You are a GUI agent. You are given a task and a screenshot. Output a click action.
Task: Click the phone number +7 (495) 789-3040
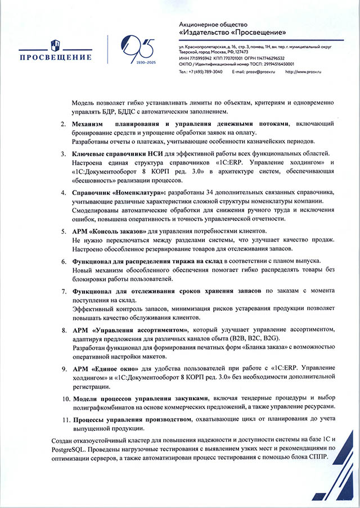(205, 72)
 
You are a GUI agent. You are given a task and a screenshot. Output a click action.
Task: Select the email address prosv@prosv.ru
(260, 72)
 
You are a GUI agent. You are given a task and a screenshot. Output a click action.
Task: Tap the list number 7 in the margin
(64, 291)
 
